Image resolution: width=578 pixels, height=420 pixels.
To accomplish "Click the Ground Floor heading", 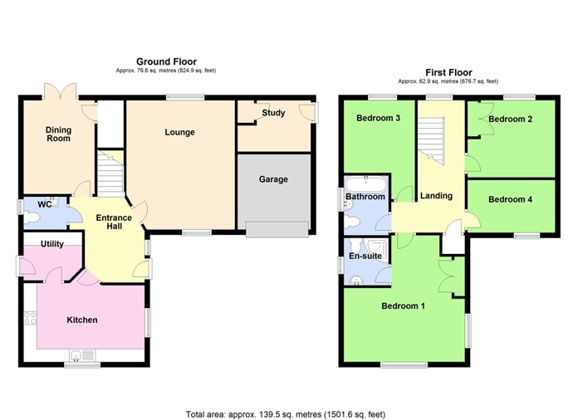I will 165,61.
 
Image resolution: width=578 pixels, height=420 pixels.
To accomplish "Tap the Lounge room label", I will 179,132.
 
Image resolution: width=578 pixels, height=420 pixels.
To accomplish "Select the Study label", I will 273,112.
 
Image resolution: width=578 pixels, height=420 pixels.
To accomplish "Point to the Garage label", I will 273,178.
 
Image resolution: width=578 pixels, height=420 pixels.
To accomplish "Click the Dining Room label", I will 58,133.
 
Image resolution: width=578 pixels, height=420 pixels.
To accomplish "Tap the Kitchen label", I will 81,320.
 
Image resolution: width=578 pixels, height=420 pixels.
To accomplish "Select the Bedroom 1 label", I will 403,305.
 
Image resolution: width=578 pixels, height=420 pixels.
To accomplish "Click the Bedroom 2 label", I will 510,120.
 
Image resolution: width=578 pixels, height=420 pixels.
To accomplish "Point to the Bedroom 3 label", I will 378,118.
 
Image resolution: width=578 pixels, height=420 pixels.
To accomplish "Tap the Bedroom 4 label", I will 510,199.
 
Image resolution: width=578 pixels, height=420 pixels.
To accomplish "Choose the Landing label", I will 436,196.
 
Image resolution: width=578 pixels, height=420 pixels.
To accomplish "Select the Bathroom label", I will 365,197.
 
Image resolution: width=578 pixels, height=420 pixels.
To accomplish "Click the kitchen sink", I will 82,355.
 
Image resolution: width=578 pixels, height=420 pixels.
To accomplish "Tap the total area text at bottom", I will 285,413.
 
